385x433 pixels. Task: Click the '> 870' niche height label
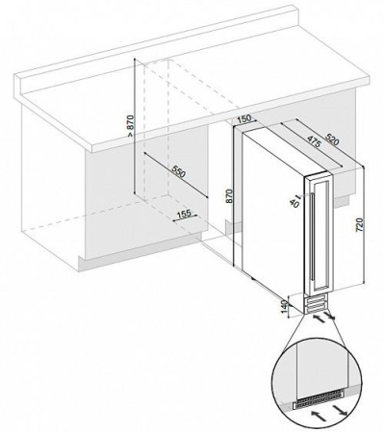pos(130,126)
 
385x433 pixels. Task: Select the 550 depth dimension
pos(177,171)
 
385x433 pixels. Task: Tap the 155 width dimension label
pos(184,214)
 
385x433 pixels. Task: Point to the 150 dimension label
pos(244,118)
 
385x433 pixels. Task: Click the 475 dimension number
pos(314,141)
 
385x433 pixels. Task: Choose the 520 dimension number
pos(332,139)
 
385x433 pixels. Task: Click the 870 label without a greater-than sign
pos(228,196)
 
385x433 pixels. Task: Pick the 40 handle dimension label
pos(295,202)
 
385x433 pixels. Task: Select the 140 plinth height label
pos(284,307)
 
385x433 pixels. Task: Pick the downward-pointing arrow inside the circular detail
pos(340,409)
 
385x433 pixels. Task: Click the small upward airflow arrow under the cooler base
pos(319,318)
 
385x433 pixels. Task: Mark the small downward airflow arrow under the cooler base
pos(330,315)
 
